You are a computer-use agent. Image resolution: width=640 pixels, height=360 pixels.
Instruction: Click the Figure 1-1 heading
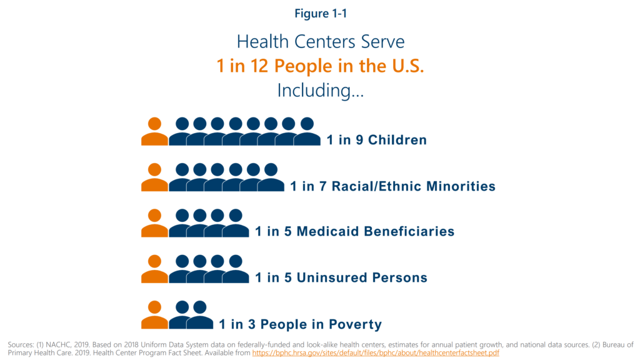(320, 14)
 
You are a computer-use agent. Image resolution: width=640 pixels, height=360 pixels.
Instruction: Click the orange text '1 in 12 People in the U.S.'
(320, 66)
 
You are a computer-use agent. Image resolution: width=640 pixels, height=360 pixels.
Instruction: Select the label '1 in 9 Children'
(376, 140)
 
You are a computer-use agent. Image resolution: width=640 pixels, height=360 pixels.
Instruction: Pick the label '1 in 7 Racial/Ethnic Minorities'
(392, 186)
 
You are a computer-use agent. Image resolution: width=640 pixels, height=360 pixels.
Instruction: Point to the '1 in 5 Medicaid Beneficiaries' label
(354, 232)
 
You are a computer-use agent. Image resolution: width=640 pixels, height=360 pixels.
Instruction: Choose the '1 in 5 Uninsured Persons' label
(341, 277)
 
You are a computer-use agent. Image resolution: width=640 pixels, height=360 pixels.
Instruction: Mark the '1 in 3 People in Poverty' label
(300, 324)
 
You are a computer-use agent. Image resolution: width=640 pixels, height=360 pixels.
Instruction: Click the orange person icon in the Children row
(154, 132)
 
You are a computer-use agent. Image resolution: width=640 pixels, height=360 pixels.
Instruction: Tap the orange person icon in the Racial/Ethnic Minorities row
(154, 178)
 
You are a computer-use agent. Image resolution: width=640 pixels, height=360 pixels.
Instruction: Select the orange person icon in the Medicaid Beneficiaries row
(154, 224)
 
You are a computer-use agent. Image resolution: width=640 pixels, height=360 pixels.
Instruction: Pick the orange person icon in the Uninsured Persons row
(154, 269)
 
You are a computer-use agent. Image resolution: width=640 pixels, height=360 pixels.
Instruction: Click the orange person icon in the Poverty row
(154, 316)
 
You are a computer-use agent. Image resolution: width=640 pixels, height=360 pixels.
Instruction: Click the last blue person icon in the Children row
(307, 132)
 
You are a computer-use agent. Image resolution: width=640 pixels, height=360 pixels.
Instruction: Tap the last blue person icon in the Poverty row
(200, 316)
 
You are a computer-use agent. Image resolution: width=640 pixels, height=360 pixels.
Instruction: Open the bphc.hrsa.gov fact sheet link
(376, 353)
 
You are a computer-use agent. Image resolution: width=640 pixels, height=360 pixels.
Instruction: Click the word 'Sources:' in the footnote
(22, 344)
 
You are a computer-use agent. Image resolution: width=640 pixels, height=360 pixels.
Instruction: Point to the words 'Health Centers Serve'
(320, 41)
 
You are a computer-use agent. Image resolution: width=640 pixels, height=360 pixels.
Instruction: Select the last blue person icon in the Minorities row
(271, 178)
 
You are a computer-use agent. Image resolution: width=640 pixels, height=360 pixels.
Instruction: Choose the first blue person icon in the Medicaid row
(182, 224)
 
